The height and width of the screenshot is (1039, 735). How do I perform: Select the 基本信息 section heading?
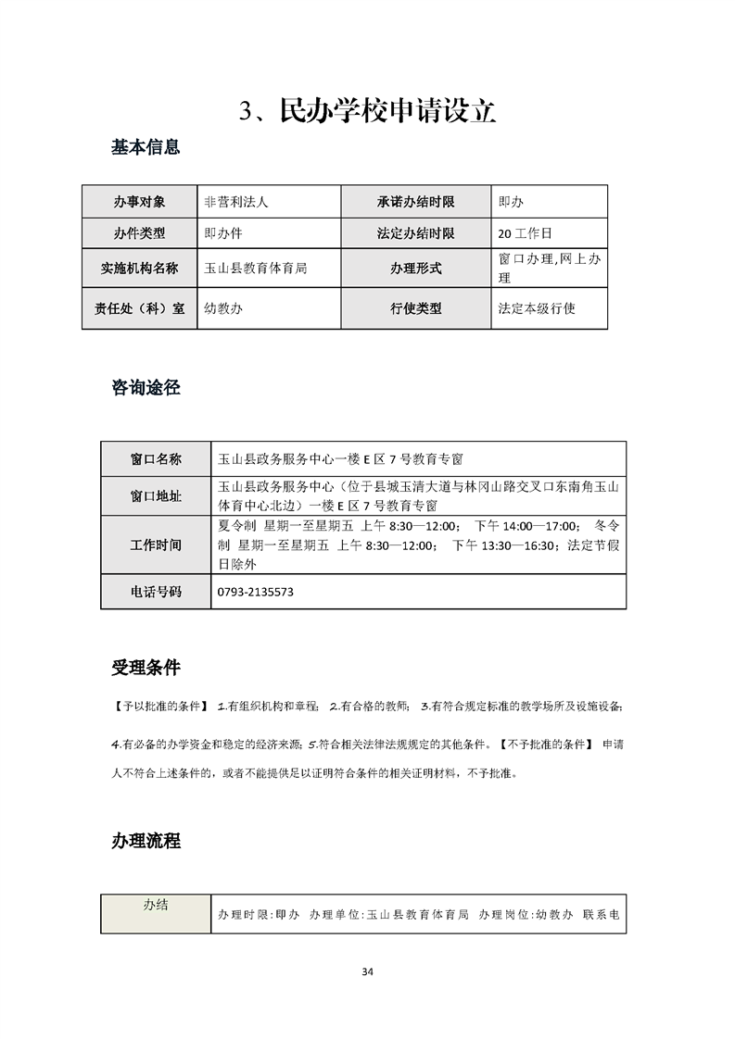point(146,147)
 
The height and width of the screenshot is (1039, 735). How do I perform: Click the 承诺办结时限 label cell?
point(415,201)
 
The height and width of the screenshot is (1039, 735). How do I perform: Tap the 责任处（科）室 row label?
point(139,308)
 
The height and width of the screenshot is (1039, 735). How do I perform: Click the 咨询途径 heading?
point(146,388)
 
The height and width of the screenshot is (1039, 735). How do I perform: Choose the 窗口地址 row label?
point(156,495)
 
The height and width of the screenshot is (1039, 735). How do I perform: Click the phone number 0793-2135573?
point(255,591)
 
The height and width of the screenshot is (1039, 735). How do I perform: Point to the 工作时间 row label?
point(156,545)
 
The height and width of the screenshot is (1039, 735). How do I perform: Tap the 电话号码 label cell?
point(156,591)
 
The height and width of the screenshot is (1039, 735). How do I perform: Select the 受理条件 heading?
point(146,668)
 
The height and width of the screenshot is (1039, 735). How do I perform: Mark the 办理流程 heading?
point(146,841)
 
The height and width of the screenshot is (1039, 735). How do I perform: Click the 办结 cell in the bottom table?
point(156,907)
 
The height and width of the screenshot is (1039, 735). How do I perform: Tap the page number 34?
point(367,971)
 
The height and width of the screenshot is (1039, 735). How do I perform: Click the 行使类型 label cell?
point(415,308)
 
